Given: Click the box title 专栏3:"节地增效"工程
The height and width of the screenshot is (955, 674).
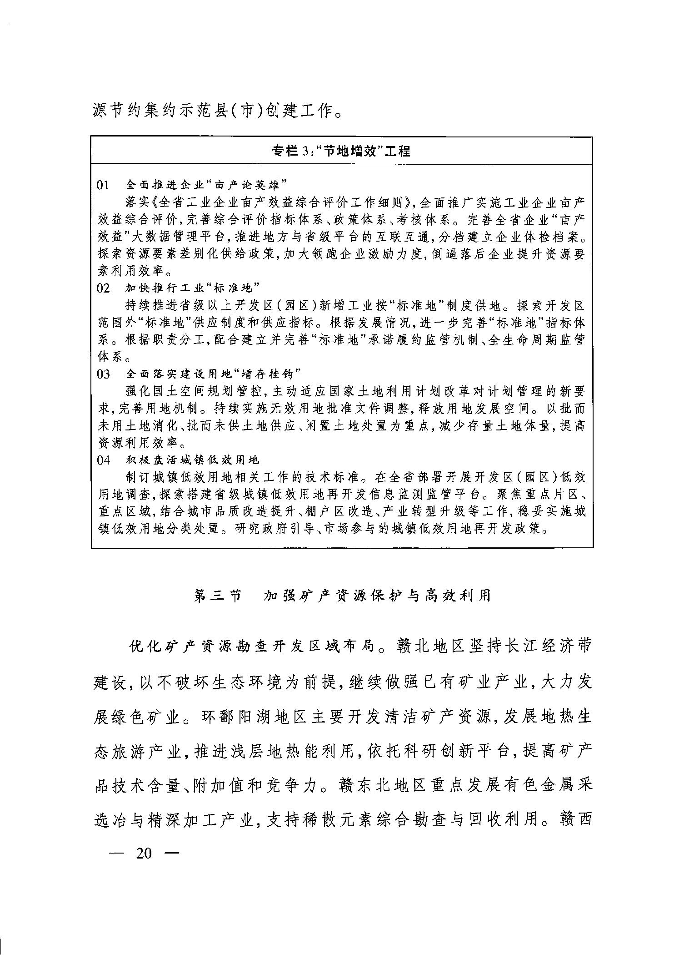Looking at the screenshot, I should [x=341, y=151].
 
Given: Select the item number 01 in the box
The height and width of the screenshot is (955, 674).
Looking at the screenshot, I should [x=104, y=185].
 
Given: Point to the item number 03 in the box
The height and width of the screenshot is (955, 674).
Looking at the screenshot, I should [x=104, y=374].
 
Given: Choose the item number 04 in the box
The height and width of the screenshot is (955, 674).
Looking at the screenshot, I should [x=104, y=460].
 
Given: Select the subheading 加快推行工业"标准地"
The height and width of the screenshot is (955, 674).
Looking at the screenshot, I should [x=192, y=288].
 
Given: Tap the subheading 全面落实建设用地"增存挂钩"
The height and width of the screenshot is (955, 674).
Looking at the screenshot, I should [x=214, y=374].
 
